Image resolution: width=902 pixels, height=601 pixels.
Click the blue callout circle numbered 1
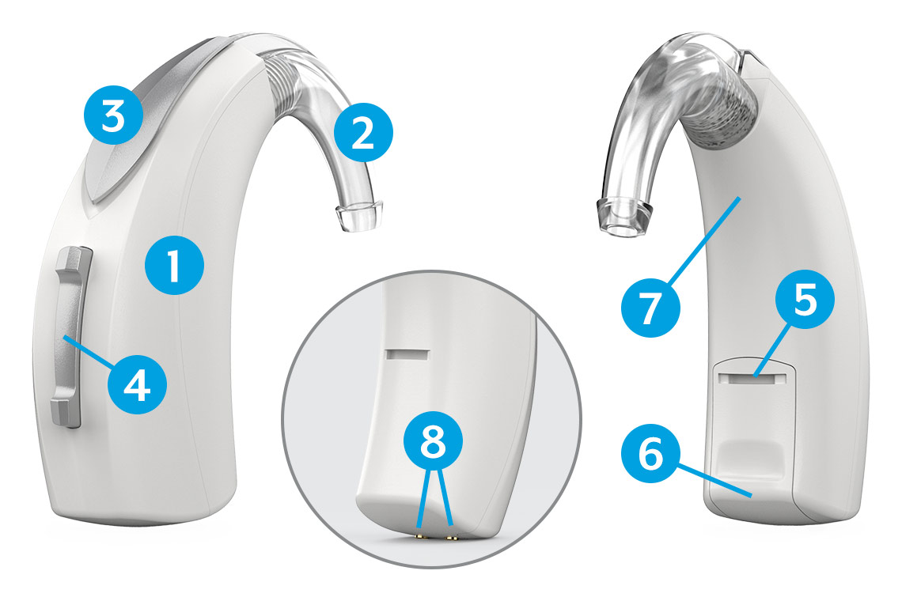tap(174, 266)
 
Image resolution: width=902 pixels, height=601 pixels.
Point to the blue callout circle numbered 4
tap(138, 385)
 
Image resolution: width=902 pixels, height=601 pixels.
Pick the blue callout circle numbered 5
tap(804, 300)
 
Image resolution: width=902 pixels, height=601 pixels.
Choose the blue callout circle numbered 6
tap(651, 454)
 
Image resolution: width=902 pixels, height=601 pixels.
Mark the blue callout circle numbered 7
tap(650, 308)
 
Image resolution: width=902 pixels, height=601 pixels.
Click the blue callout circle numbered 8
tap(433, 442)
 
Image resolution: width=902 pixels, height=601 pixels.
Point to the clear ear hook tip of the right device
tap(623, 218)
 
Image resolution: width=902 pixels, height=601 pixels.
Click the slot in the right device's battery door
tap(753, 378)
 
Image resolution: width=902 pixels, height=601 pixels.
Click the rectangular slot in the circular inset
tap(407, 354)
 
